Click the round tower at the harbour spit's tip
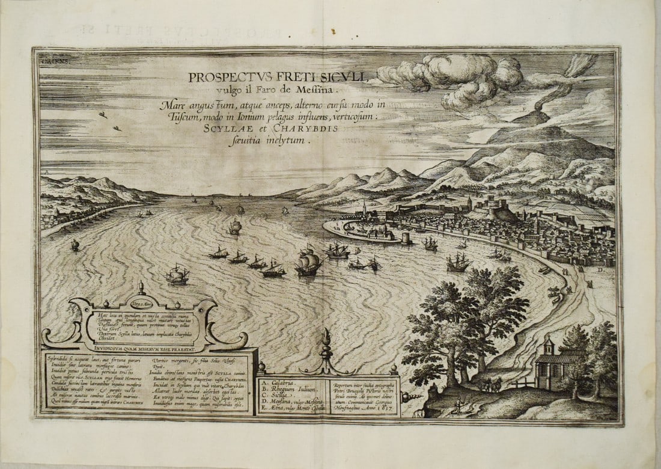(407, 238)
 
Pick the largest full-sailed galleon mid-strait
(309, 263)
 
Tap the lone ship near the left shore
(75, 245)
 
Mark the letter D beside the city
(601, 271)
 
